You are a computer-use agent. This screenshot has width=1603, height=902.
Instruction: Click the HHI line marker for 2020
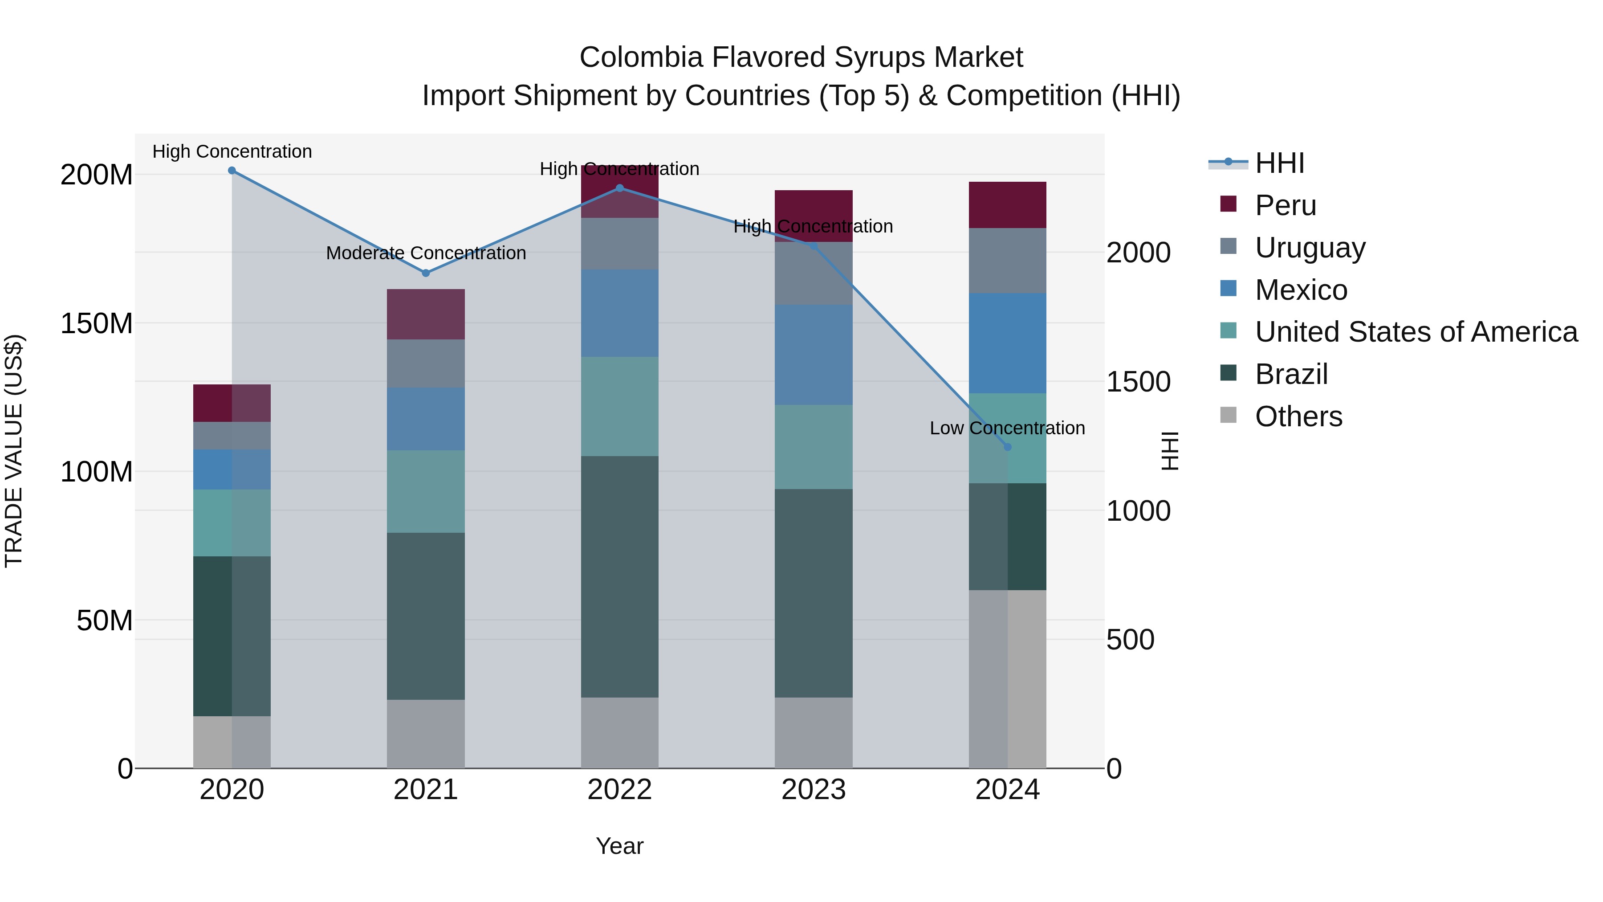click(232, 171)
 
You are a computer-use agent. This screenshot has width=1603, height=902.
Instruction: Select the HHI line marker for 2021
click(426, 273)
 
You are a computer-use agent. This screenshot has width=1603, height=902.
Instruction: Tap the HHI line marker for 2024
click(1008, 447)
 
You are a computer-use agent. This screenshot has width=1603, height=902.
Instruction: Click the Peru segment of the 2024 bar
click(1008, 205)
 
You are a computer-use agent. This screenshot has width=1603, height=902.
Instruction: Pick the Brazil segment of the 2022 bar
click(619, 576)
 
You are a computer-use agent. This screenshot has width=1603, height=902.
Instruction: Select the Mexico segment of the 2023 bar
click(814, 355)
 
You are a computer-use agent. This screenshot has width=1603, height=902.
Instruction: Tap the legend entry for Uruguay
click(1309, 248)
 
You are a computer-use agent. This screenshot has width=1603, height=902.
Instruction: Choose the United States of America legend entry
click(1416, 332)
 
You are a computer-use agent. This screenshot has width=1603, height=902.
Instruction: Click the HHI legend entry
click(1279, 163)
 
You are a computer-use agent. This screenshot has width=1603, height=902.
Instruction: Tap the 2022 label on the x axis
click(619, 790)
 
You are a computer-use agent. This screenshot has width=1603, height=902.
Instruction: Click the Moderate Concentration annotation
click(426, 253)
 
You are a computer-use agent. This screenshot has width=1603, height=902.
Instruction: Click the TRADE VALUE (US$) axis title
click(14, 451)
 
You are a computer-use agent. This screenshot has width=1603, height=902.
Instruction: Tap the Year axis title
click(619, 846)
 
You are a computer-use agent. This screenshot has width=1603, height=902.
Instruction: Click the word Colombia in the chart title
click(641, 57)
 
